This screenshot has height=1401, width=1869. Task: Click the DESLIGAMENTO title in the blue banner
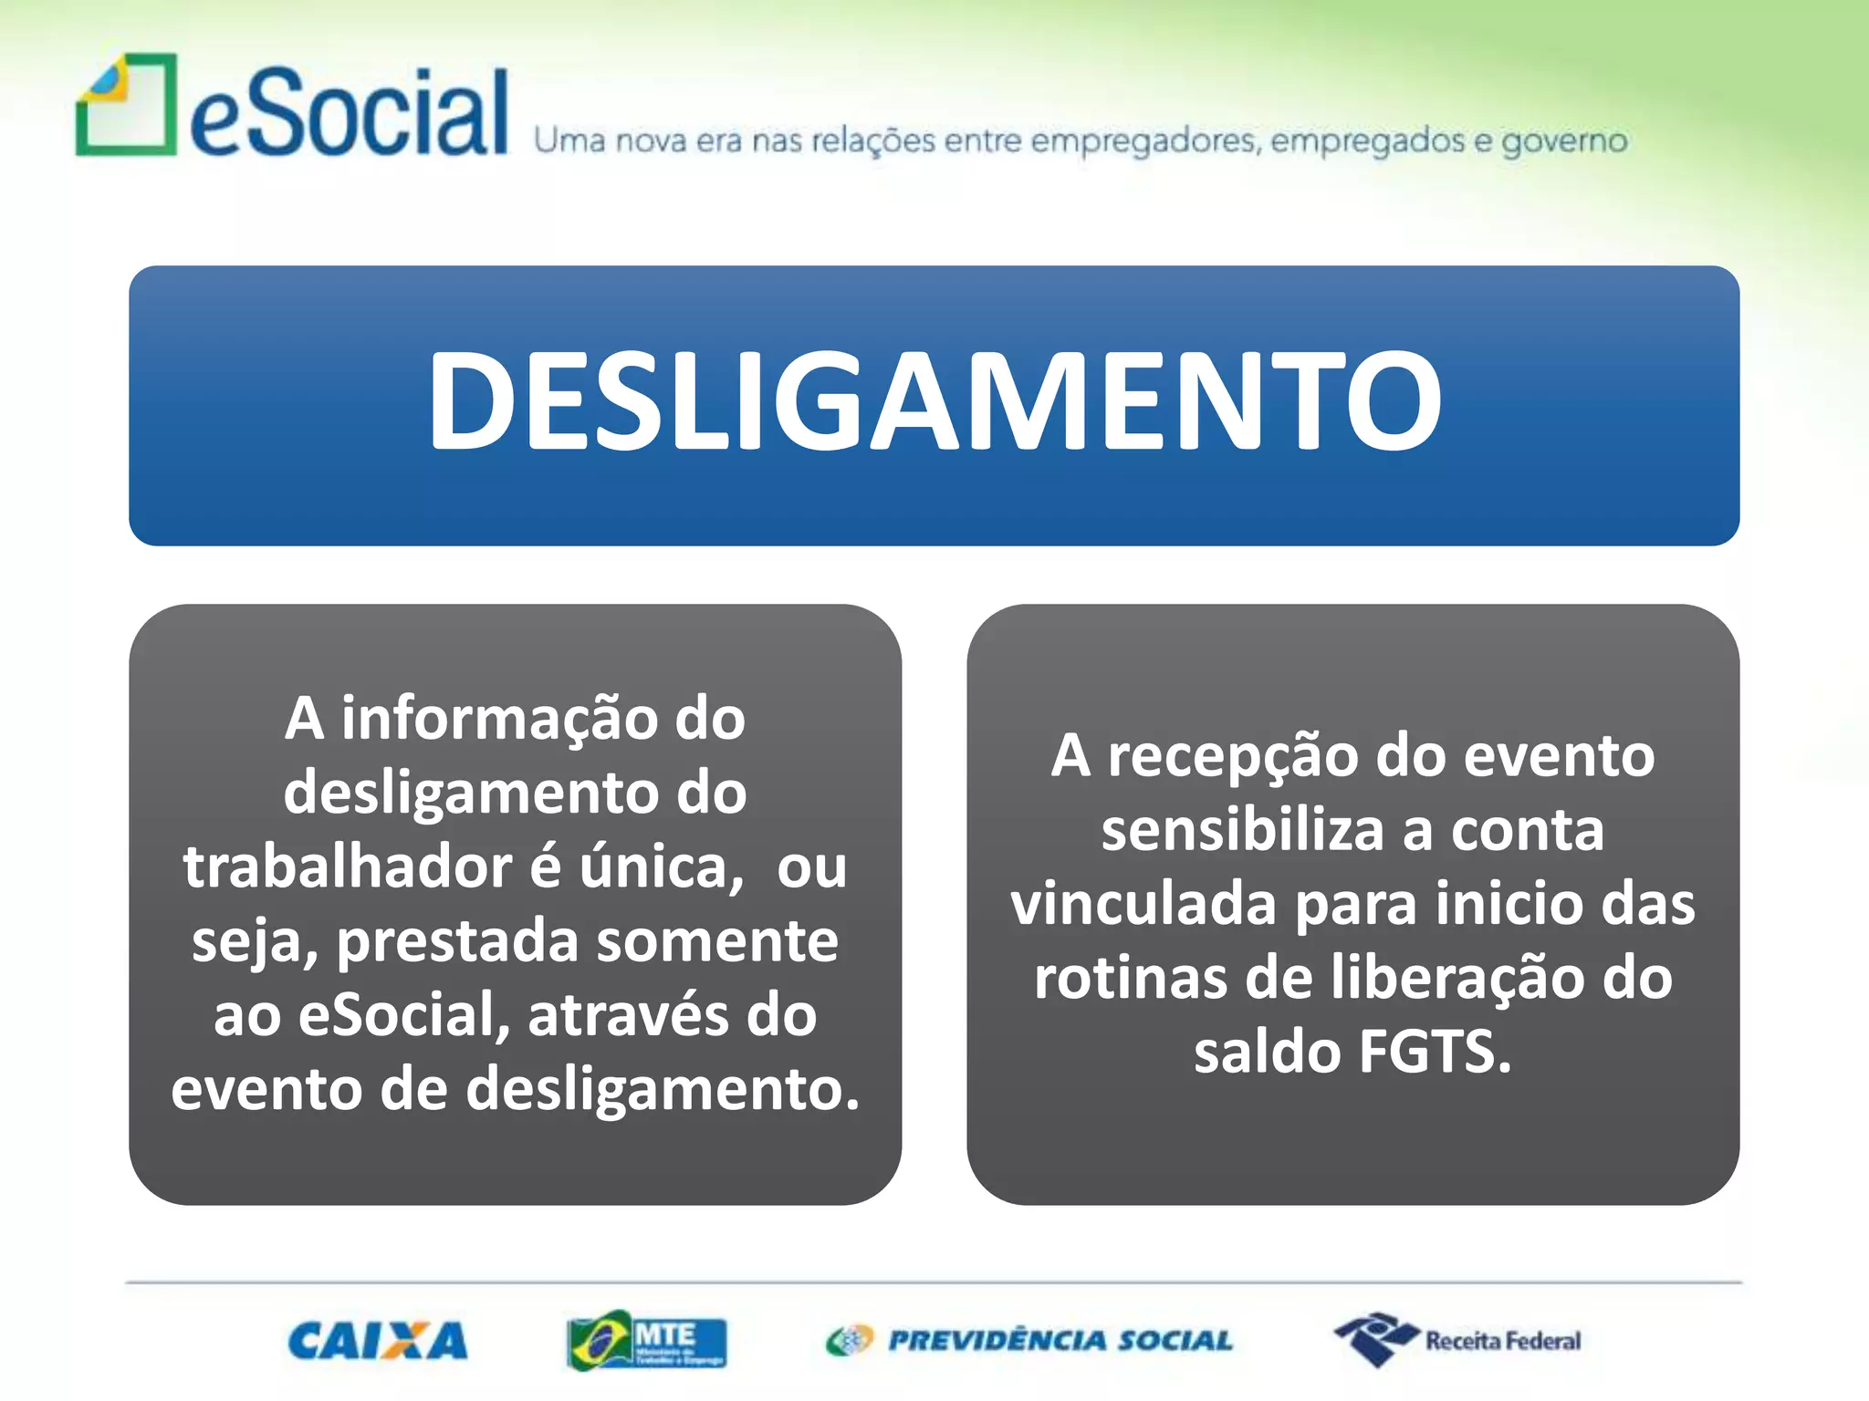(x=934, y=401)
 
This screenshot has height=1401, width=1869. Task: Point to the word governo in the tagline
(x=1564, y=141)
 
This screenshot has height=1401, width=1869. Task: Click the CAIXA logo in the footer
(x=378, y=1342)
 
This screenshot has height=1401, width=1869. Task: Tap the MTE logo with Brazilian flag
(x=646, y=1341)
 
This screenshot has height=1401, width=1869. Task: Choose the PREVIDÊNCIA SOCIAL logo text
(x=1060, y=1341)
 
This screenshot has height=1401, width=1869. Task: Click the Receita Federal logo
(x=1458, y=1340)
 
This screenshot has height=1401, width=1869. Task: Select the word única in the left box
(x=661, y=867)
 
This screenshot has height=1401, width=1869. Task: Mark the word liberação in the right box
(x=1457, y=978)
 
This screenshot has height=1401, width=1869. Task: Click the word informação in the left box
(x=499, y=719)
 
